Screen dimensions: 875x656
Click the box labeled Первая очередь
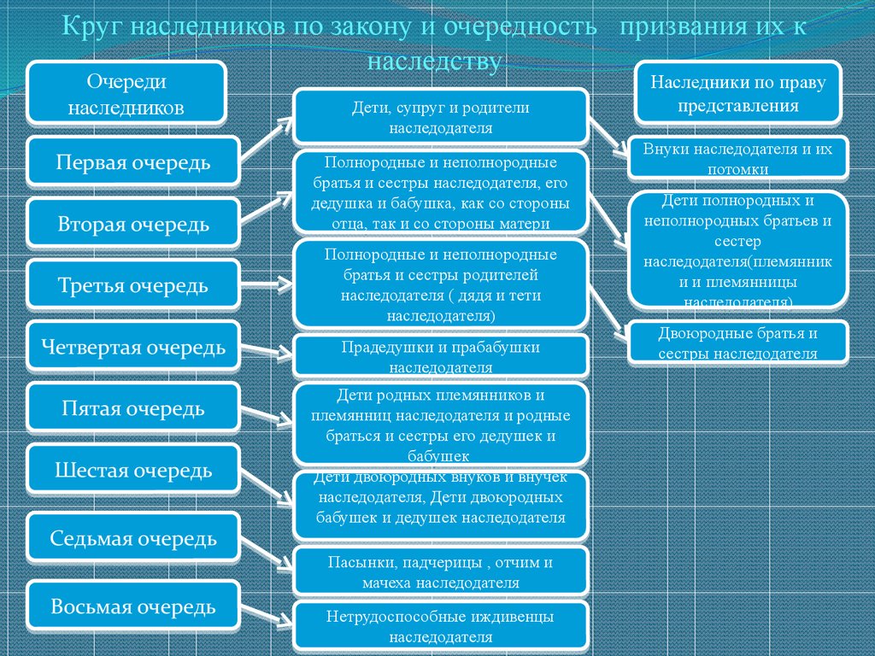(x=133, y=161)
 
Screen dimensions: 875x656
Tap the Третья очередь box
(x=133, y=284)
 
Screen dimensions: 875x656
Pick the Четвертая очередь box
(x=133, y=346)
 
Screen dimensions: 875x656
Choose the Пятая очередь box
(x=133, y=407)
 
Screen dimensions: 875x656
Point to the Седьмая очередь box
(x=133, y=538)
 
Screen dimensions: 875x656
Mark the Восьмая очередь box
(x=133, y=606)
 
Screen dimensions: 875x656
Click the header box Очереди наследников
(x=126, y=93)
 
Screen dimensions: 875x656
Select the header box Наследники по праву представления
(x=737, y=92)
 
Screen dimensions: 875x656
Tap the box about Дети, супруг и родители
(x=441, y=117)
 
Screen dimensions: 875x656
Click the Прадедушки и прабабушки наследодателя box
(x=441, y=355)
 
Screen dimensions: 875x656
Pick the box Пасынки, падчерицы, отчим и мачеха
(x=441, y=571)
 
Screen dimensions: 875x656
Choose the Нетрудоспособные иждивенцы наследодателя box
(x=441, y=626)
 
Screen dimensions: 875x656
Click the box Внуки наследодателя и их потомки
(x=737, y=158)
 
